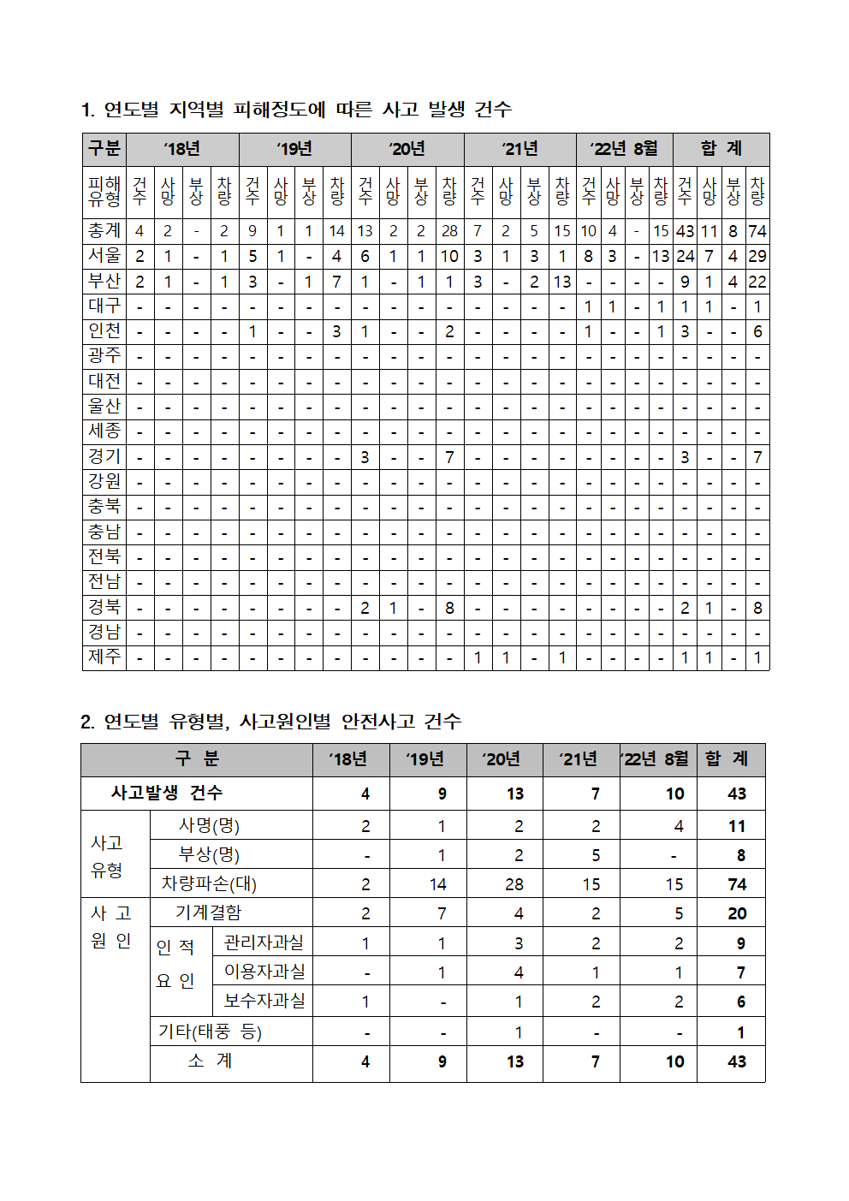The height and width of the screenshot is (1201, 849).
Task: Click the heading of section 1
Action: point(296,110)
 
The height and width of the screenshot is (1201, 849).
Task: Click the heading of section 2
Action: point(270,722)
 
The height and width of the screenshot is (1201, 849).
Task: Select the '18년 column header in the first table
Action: point(182,149)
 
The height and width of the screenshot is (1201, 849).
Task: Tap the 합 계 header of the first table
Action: point(721,149)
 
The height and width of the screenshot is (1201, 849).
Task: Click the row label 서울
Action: point(104,256)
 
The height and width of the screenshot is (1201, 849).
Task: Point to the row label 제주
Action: point(104,657)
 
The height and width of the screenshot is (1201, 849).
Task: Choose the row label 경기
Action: point(104,457)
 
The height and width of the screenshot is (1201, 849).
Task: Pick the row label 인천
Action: point(104,331)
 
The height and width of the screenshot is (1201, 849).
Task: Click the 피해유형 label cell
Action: point(104,191)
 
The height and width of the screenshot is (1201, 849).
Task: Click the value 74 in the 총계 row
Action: point(757,231)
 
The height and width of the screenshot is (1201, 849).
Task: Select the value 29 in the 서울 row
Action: point(757,256)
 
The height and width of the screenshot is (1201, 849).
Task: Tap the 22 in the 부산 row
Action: point(757,282)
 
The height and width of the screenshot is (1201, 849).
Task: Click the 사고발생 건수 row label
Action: point(167,793)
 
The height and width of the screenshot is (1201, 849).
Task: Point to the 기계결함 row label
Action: point(209,913)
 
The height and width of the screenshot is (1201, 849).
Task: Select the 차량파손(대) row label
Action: point(209,883)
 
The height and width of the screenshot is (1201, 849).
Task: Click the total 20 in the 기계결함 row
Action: point(736,913)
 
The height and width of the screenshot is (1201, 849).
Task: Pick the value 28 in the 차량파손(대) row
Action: point(514,884)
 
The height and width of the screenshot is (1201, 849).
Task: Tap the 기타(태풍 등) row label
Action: point(210,1032)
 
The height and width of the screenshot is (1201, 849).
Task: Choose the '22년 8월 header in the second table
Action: point(656,759)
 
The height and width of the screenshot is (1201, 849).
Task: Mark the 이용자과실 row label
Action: point(264,972)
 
